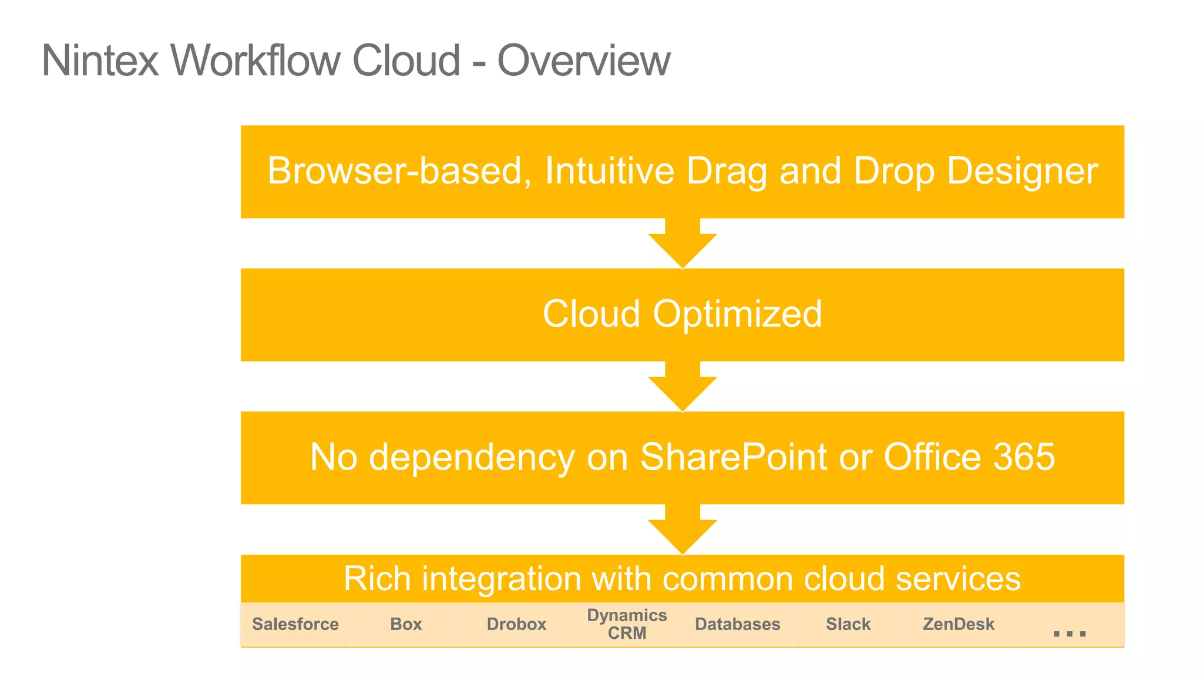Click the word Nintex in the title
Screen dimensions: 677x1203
click(100, 61)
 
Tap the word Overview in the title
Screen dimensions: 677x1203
click(583, 61)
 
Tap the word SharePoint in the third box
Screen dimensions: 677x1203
click(734, 457)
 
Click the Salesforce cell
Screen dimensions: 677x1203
click(295, 624)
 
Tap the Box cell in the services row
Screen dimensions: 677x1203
click(406, 624)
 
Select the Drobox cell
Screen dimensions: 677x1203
click(516, 624)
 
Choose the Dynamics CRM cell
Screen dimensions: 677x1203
click(627, 624)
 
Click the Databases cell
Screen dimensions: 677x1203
click(737, 624)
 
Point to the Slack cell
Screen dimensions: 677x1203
click(848, 624)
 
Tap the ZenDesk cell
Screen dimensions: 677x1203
click(958, 624)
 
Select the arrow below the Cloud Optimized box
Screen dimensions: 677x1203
click(683, 388)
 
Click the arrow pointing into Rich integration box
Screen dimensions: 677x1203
click(683, 531)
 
